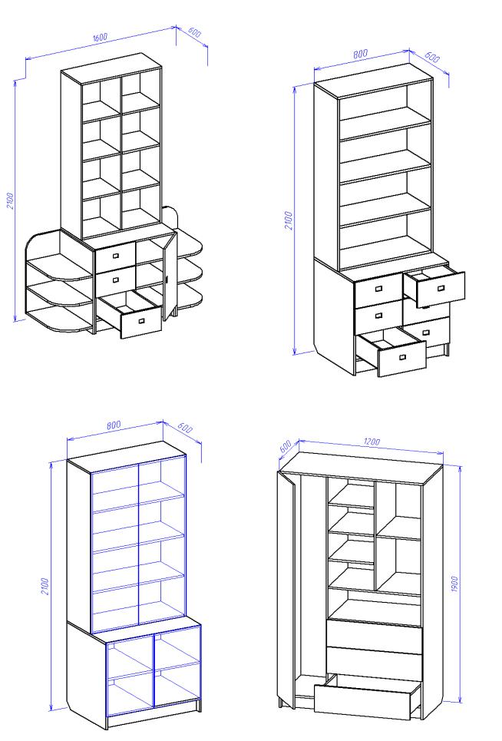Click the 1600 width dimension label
(x=100, y=37)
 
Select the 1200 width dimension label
(x=372, y=442)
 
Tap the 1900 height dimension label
(x=454, y=584)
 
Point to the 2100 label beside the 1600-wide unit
(x=11, y=200)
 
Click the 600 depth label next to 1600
(x=194, y=32)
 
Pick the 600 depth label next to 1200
(x=285, y=447)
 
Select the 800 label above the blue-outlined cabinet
(x=114, y=425)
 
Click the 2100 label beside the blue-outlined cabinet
(x=45, y=586)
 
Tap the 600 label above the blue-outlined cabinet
(x=185, y=427)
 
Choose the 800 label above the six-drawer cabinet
(x=360, y=54)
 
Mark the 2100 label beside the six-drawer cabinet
(x=289, y=220)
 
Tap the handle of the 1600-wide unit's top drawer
(x=116, y=256)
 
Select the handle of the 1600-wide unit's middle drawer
(x=116, y=280)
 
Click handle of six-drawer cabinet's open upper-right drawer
(x=441, y=288)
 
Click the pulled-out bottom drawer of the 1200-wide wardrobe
(x=367, y=695)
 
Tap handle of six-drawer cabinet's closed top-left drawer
(x=378, y=288)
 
